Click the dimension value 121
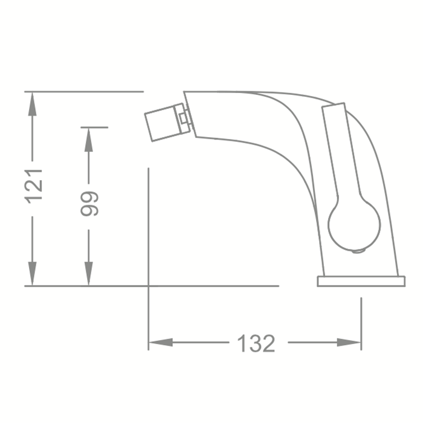coord(34,186)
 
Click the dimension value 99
coord(89,204)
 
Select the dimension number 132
coord(256,343)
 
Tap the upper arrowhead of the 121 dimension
coord(33,104)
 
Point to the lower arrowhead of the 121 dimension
coord(33,273)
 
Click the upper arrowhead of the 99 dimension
coord(88,140)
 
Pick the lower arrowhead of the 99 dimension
coord(88,273)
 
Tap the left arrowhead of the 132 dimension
coord(161,343)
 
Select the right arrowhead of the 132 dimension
coord(349,343)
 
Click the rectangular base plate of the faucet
coord(361,281)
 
